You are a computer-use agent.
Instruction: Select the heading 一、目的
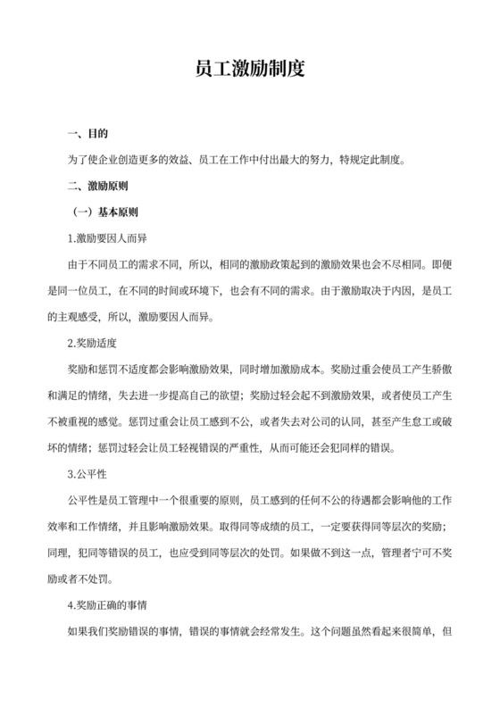click(x=87, y=135)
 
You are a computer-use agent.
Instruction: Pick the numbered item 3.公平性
click(x=93, y=472)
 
